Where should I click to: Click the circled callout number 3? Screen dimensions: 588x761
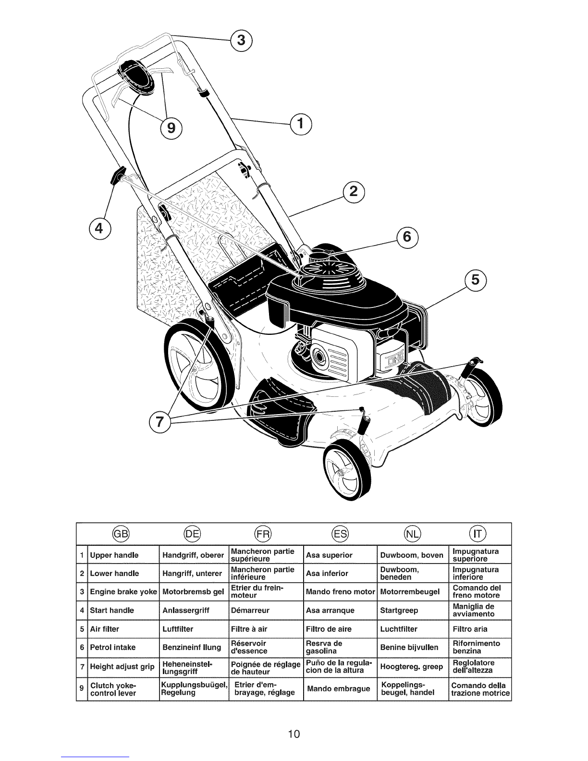[x=241, y=41]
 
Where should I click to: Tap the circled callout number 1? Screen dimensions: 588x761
[x=301, y=124]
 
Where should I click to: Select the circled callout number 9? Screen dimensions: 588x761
[x=171, y=129]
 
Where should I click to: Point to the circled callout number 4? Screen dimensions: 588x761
[x=99, y=229]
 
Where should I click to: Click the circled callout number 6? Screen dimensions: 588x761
[x=407, y=237]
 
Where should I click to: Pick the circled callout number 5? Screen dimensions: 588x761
[x=475, y=281]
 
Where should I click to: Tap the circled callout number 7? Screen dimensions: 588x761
[x=159, y=422]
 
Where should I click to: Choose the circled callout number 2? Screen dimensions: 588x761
[x=354, y=192]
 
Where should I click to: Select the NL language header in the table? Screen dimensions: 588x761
[x=413, y=534]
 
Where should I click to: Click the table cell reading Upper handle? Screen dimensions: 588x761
[x=114, y=555]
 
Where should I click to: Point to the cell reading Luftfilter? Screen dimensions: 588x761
[x=178, y=629]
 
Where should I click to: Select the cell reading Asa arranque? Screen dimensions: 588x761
[x=330, y=611]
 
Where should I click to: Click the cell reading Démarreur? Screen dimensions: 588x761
[x=250, y=611]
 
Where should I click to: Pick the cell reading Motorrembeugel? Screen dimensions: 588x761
[x=409, y=592]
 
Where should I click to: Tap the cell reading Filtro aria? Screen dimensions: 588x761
[x=470, y=629]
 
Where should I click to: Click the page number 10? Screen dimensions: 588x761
[x=294, y=734]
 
